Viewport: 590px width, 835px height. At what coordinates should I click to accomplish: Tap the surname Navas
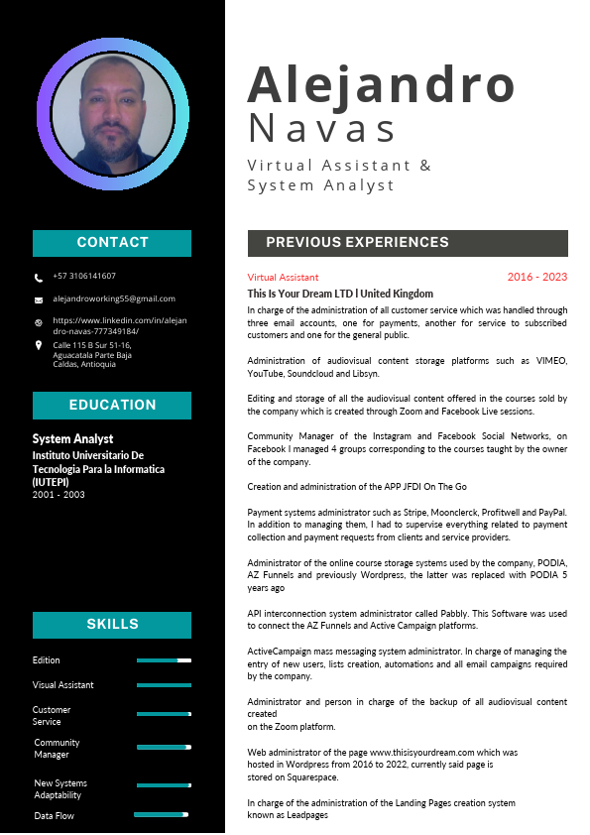pyautogui.click(x=322, y=129)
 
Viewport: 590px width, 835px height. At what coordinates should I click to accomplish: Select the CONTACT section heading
pyautogui.click(x=112, y=243)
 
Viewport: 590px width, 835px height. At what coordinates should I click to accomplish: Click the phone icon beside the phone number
pyautogui.click(x=39, y=278)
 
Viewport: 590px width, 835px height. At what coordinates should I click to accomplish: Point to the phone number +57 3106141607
pyautogui.click(x=84, y=277)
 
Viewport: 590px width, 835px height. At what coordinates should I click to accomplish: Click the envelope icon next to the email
pyautogui.click(x=39, y=299)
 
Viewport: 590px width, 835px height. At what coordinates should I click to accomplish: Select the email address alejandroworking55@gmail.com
pyautogui.click(x=114, y=298)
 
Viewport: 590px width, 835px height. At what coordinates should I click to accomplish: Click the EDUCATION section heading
pyautogui.click(x=112, y=406)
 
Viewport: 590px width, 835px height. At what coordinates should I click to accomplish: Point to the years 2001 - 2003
pyautogui.click(x=59, y=494)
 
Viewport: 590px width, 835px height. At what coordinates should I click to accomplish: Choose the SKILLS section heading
pyautogui.click(x=112, y=625)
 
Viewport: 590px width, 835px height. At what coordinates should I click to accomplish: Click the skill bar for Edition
pyautogui.click(x=164, y=660)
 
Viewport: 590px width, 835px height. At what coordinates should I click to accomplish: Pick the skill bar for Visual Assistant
pyautogui.click(x=164, y=685)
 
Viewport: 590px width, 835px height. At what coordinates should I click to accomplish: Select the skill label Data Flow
pyautogui.click(x=54, y=816)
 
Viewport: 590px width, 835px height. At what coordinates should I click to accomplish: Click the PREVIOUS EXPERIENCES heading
pyautogui.click(x=357, y=243)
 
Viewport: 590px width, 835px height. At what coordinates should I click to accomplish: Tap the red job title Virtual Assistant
pyautogui.click(x=284, y=278)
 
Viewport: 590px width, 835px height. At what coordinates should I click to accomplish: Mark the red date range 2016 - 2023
pyautogui.click(x=536, y=278)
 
